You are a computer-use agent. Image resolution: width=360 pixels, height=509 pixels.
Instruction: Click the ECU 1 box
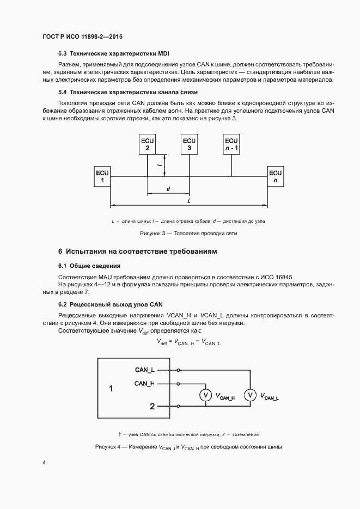(102, 176)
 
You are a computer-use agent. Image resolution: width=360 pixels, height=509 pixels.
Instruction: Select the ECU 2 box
(147, 144)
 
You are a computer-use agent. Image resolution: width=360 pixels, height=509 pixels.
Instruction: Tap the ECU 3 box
(189, 144)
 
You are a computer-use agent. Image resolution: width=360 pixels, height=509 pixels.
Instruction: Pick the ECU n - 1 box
(231, 144)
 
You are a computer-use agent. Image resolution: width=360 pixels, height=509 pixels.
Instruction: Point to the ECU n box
(275, 176)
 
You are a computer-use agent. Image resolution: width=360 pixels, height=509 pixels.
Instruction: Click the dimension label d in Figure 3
(168, 189)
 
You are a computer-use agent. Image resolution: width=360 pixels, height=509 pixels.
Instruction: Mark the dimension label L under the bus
(188, 201)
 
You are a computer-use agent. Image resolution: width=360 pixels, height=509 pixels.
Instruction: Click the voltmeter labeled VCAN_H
(204, 396)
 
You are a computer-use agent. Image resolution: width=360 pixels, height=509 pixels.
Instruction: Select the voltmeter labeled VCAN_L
(249, 396)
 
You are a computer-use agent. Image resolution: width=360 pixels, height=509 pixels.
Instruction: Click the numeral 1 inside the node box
(111, 389)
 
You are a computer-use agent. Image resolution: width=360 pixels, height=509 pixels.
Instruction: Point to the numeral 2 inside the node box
(152, 406)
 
